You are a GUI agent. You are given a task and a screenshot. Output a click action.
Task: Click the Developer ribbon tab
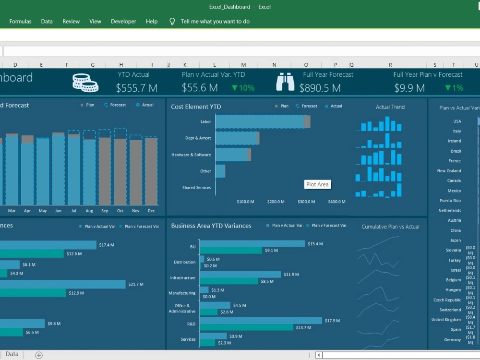(x=123, y=21)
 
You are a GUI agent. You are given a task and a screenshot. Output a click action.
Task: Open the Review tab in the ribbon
(x=71, y=21)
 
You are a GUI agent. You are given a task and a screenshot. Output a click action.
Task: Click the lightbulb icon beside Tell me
(x=172, y=22)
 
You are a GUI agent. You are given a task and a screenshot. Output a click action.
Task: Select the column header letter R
(x=390, y=65)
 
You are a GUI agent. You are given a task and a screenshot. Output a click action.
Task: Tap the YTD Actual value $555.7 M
(x=137, y=88)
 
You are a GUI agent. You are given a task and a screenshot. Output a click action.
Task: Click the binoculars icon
(x=285, y=82)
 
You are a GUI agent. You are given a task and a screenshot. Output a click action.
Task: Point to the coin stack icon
(x=85, y=83)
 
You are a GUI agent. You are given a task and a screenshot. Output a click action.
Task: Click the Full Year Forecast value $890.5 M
(x=320, y=88)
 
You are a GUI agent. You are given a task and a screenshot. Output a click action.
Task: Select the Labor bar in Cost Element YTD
(x=259, y=122)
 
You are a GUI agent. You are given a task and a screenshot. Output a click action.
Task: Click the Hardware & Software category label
(x=191, y=155)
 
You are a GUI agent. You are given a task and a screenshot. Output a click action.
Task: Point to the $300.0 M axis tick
(x=307, y=202)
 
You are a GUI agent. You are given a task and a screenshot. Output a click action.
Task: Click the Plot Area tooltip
(x=318, y=184)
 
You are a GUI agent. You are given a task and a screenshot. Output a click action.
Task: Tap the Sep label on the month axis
(x=105, y=211)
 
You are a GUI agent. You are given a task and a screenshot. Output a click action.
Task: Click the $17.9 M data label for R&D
(x=333, y=320)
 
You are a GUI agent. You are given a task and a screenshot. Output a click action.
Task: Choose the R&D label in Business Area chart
(x=191, y=324)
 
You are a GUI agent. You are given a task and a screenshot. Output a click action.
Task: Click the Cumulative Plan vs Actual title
(x=390, y=227)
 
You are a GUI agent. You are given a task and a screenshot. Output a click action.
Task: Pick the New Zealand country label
(x=449, y=171)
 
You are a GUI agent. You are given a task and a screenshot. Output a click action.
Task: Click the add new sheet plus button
(x=39, y=355)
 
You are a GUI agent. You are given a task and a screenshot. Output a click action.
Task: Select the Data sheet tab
(x=12, y=354)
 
